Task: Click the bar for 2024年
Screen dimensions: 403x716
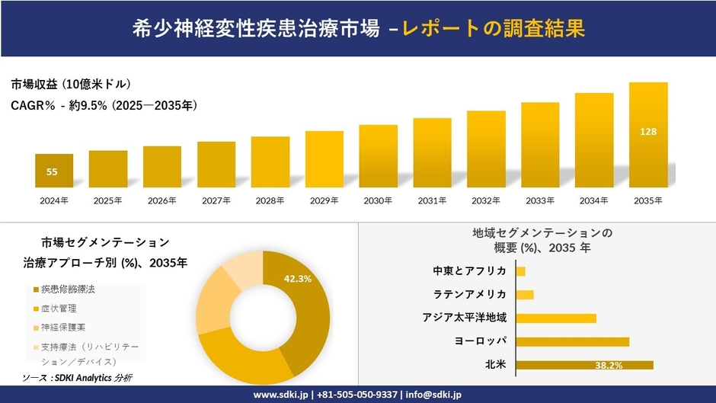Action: coord(54,171)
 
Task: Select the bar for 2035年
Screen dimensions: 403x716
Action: coord(648,135)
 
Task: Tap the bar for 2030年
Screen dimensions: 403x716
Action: coord(379,156)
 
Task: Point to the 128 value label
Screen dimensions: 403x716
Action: coord(648,132)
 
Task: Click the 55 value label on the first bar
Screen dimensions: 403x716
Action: coord(52,172)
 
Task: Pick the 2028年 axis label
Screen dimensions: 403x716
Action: coord(270,200)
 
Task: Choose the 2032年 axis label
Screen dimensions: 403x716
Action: coord(486,200)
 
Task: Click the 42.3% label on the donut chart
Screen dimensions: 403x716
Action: coord(297,279)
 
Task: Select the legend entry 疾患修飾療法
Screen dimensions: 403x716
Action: coord(69,290)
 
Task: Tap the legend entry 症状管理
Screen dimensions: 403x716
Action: coord(59,309)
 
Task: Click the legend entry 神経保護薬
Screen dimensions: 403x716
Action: coord(63,328)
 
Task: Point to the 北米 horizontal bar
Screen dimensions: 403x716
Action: coord(584,365)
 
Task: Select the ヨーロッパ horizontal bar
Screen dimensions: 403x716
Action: coord(572,341)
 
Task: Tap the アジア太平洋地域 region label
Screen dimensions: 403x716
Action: coord(465,318)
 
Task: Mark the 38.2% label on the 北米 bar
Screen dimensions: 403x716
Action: coord(609,366)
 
